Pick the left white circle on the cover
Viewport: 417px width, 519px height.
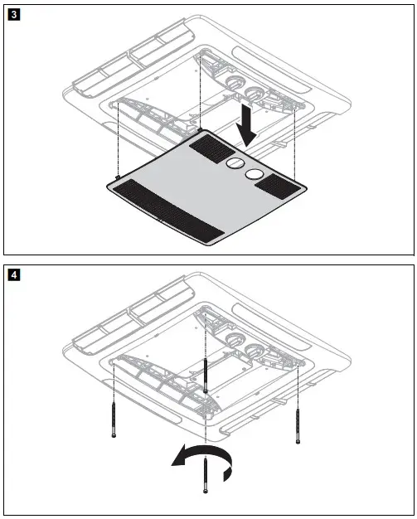pos(236,164)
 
